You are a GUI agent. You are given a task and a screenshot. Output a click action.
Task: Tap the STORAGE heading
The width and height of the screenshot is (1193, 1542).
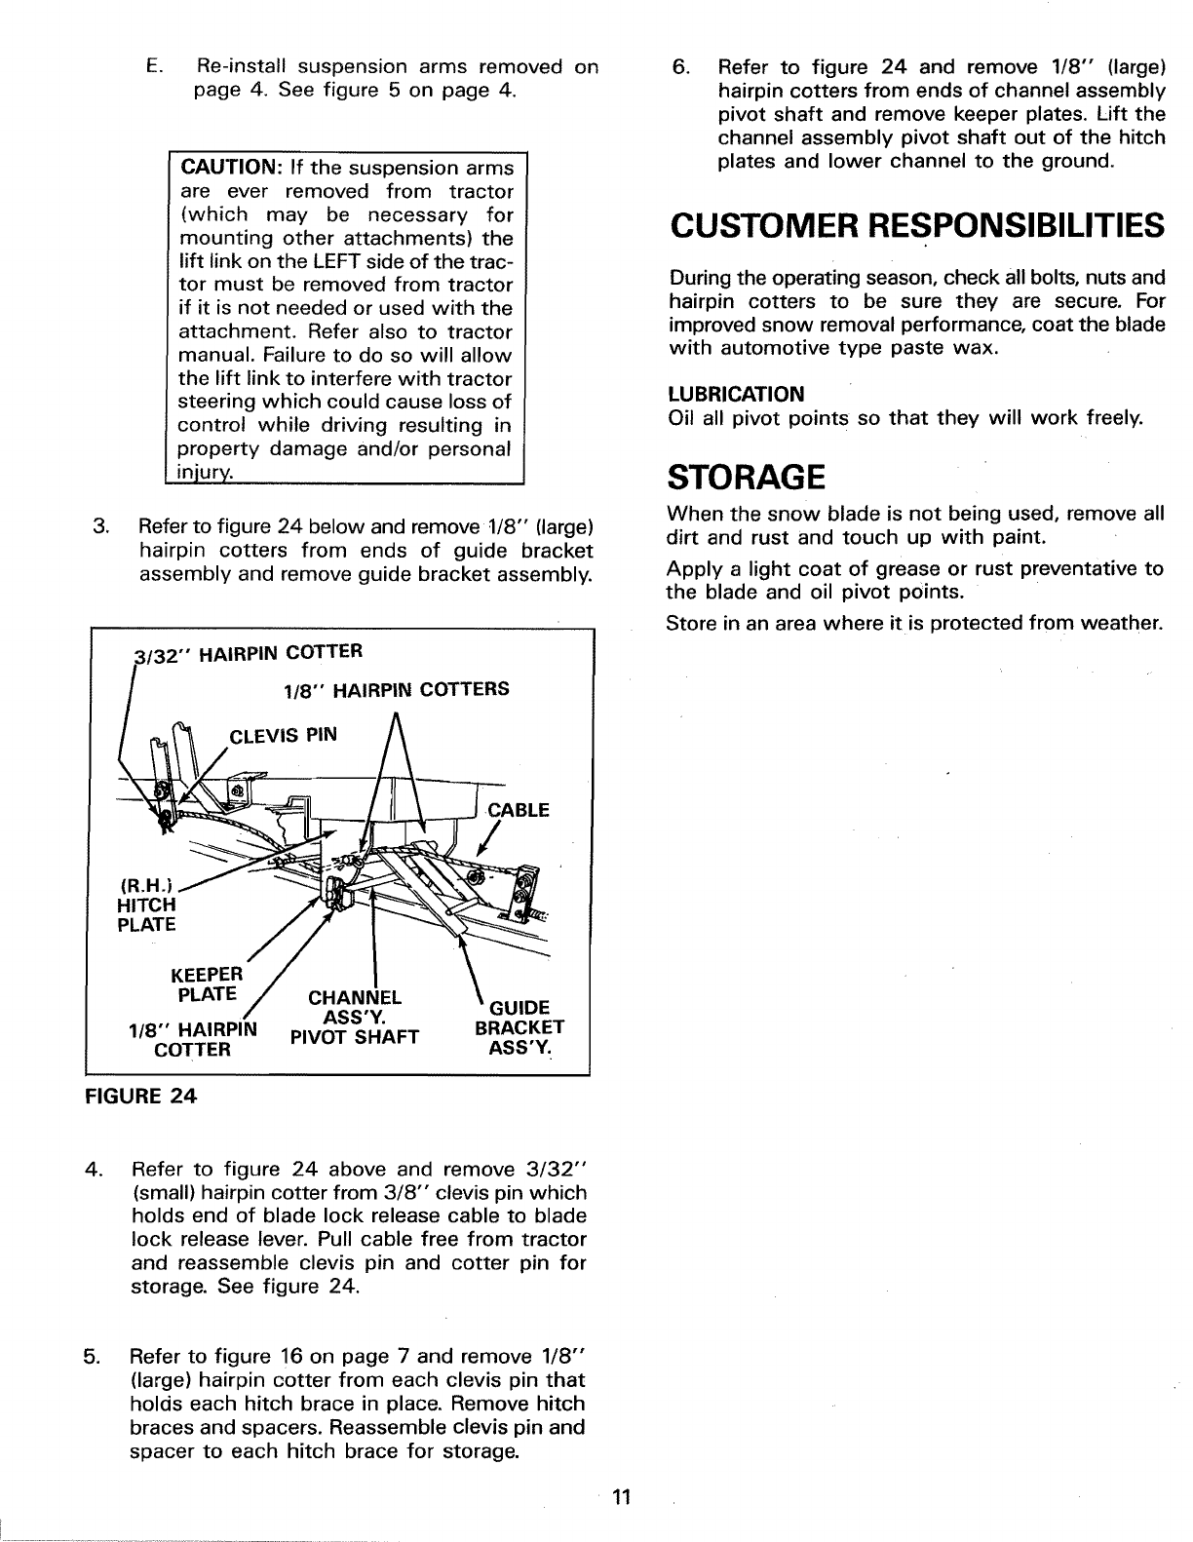(747, 478)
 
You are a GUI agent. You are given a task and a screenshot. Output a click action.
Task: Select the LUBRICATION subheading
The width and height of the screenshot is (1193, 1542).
(736, 395)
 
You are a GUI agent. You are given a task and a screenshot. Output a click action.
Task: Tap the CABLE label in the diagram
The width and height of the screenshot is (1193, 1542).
(519, 810)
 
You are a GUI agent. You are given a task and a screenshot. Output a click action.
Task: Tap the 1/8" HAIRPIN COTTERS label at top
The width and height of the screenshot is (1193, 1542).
(396, 689)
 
